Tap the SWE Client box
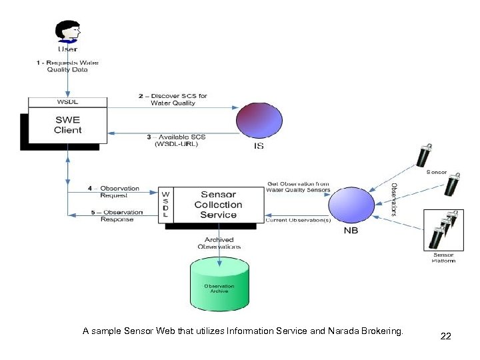[x=67, y=125]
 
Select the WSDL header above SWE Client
[x=67, y=102]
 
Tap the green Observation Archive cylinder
[x=219, y=284]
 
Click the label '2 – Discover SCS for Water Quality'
[x=173, y=99]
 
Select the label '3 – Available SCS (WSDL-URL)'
[x=176, y=141]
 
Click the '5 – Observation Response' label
[x=116, y=216]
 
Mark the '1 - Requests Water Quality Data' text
[x=67, y=66]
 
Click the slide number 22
[x=445, y=336]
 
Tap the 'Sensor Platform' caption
[x=443, y=257]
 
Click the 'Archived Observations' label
[x=219, y=243]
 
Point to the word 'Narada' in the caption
[x=329, y=331]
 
